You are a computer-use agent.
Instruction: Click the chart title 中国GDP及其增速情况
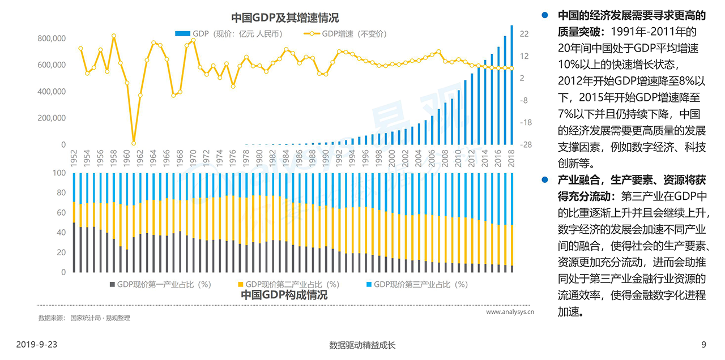click(285, 19)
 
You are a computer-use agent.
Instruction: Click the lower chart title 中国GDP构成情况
click(284, 295)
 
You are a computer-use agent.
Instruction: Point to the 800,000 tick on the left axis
click(52, 38)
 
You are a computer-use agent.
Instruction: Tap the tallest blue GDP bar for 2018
click(512, 85)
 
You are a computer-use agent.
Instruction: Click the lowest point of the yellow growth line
click(134, 143)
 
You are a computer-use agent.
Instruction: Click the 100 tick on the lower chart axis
click(59, 173)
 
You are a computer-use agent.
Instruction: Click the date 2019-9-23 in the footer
click(37, 344)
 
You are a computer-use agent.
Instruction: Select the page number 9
click(703, 344)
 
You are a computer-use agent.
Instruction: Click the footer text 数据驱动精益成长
click(362, 344)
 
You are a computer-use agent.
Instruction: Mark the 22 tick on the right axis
click(524, 34)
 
